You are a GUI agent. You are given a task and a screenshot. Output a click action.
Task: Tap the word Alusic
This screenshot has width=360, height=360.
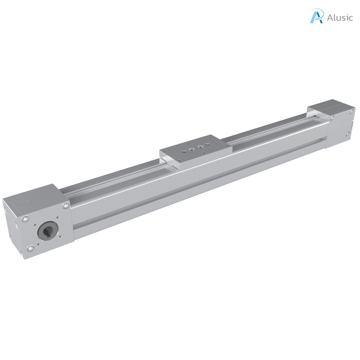click(x=340, y=18)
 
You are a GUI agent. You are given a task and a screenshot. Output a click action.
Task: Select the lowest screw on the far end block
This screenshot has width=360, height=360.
click(x=347, y=134)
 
